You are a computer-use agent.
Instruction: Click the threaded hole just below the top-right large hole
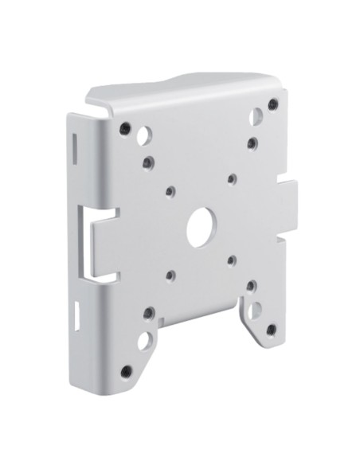[x=252, y=143]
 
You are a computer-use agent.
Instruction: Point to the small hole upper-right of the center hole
[x=231, y=179]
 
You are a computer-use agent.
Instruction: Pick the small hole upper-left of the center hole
[x=170, y=191]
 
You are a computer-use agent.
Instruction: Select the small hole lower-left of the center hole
[x=170, y=275]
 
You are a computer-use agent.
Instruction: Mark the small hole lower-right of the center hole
[x=230, y=260]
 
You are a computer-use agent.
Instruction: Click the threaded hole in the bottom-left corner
[x=126, y=370]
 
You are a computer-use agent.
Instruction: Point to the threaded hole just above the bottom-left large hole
[x=149, y=313]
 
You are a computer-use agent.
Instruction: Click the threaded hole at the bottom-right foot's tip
[x=271, y=328]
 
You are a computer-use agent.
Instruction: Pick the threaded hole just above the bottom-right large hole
[x=250, y=284]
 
